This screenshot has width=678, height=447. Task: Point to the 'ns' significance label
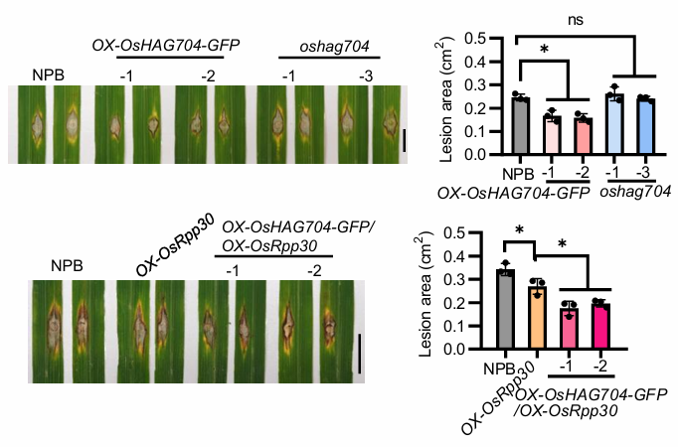point(584,18)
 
